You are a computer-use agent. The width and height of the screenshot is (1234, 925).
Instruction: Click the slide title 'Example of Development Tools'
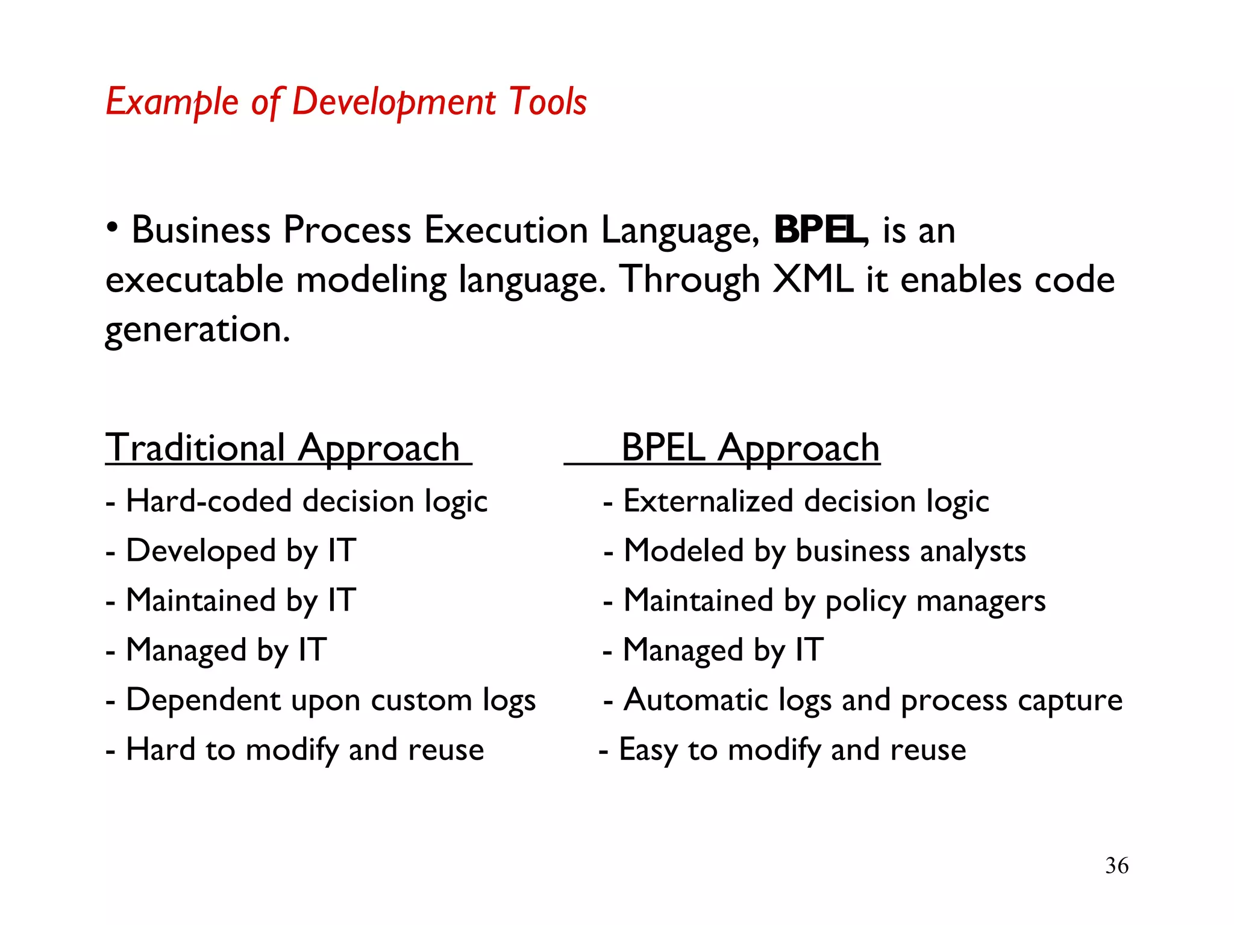346,101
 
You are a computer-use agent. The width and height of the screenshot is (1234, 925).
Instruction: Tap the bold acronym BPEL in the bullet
818,230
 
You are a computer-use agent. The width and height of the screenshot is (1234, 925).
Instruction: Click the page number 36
1117,865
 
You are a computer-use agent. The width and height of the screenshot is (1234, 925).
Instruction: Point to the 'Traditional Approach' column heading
283,448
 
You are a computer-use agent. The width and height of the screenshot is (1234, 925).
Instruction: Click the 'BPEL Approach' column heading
750,448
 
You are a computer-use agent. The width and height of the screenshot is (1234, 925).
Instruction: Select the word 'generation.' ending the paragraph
198,330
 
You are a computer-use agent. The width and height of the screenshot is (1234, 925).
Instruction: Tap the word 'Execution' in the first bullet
506,230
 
